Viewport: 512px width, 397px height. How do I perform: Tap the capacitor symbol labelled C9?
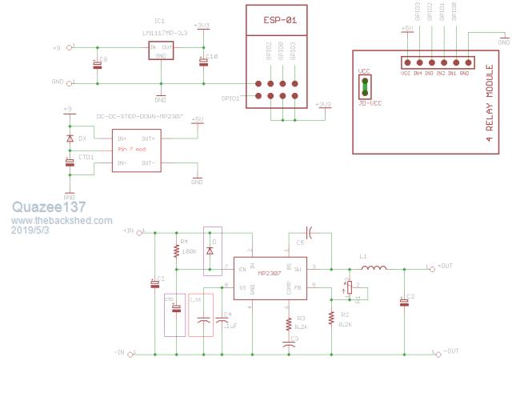click(97, 64)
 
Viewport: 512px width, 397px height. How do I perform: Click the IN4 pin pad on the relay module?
click(419, 62)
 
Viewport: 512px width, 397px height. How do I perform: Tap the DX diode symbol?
click(70, 138)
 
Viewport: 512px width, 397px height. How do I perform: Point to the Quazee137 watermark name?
click(47, 207)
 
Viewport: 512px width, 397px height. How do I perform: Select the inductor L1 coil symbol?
click(374, 267)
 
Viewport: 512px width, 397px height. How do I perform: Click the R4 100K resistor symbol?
click(176, 251)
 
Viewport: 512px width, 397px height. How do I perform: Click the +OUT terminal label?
click(445, 266)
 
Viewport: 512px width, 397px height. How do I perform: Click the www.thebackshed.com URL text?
click(62, 219)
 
